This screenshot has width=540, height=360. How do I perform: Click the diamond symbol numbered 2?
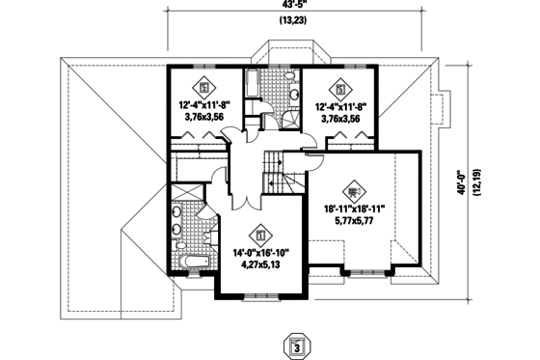coord(203,83)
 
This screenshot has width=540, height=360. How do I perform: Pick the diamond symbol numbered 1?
coord(259,233)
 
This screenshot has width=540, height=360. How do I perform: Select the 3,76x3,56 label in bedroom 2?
coord(203,118)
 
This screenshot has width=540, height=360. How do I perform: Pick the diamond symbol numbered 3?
coord(340,83)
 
